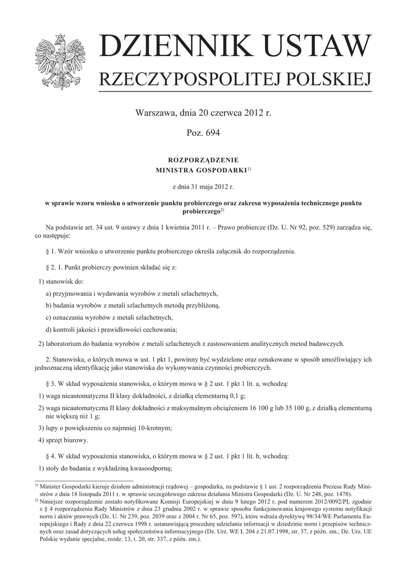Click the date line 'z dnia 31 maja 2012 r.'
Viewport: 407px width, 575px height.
tap(203, 186)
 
